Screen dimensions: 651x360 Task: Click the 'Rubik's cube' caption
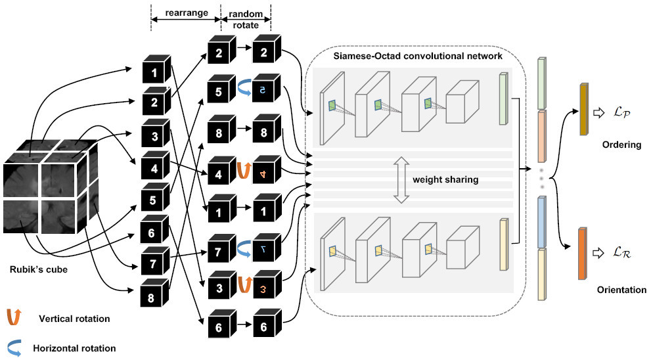point(39,269)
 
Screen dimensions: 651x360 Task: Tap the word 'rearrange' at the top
point(187,13)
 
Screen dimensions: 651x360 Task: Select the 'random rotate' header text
point(246,20)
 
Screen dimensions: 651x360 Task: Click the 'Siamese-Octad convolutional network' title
point(418,56)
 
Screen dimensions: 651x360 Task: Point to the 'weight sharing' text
point(445,179)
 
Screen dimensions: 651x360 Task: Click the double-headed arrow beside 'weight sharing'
point(401,180)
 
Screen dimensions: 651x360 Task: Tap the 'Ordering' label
point(621,145)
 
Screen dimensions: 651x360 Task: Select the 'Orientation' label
point(621,290)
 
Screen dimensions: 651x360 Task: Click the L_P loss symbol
point(621,112)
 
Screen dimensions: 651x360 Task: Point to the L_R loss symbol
point(621,252)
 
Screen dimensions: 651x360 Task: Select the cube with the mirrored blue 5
point(266,88)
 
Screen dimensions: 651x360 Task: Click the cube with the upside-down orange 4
point(266,169)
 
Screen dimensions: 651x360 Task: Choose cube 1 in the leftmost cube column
point(156,69)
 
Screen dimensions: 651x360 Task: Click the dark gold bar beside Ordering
point(584,109)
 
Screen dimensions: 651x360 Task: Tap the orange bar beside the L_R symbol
point(583,254)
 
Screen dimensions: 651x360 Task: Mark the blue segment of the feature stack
point(541,222)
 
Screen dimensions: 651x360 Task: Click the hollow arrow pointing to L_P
point(598,112)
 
